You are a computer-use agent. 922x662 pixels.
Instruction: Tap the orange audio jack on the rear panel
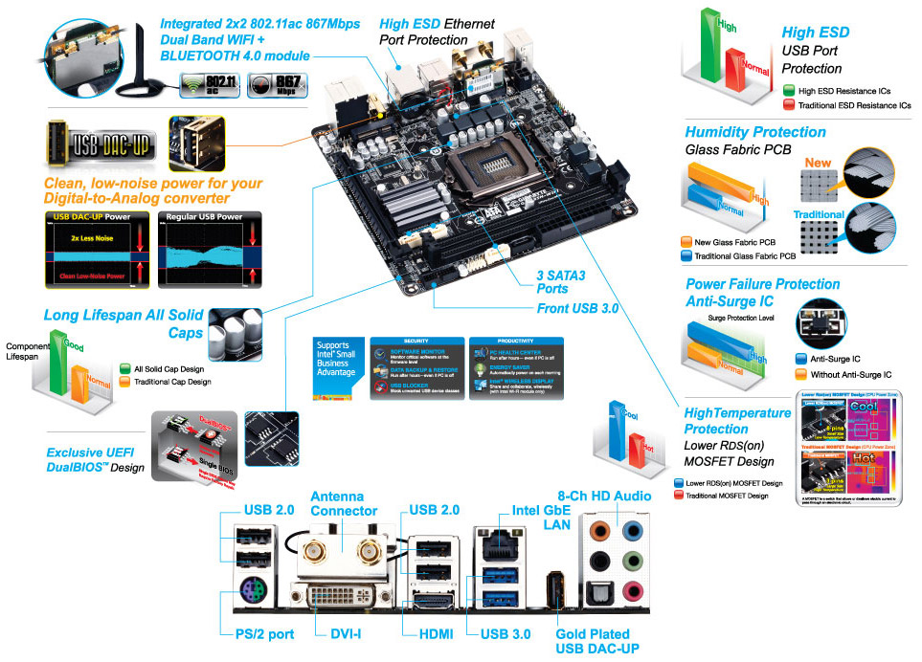click(x=600, y=529)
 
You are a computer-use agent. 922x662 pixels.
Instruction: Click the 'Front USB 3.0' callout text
click(x=577, y=309)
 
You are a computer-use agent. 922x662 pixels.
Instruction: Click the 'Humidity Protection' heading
click(x=755, y=132)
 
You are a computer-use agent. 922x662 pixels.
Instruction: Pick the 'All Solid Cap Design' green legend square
click(x=126, y=368)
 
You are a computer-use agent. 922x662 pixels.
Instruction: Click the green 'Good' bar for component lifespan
click(x=59, y=364)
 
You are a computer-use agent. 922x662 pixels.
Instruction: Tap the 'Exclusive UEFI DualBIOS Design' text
click(x=95, y=459)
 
